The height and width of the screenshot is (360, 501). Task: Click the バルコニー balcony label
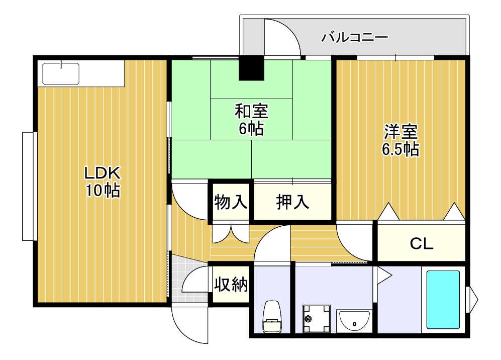pyautogui.click(x=354, y=37)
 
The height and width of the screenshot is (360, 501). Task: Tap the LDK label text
pyautogui.click(x=102, y=173)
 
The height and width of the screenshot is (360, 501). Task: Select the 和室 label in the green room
pyautogui.click(x=251, y=111)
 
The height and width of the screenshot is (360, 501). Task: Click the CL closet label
pyautogui.click(x=422, y=244)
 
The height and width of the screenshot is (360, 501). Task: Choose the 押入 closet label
pyautogui.click(x=292, y=202)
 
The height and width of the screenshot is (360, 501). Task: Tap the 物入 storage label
pyautogui.click(x=230, y=202)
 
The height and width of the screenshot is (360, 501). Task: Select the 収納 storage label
pyautogui.click(x=231, y=284)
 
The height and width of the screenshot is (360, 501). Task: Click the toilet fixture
pyautogui.click(x=272, y=317)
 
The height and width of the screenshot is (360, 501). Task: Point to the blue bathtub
pyautogui.click(x=443, y=300)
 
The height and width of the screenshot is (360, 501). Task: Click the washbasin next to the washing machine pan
pyautogui.click(x=354, y=321)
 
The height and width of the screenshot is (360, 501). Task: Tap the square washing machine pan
pyautogui.click(x=316, y=318)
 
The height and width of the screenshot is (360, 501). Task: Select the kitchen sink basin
pyautogui.click(x=61, y=73)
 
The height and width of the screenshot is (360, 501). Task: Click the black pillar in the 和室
pyautogui.click(x=251, y=68)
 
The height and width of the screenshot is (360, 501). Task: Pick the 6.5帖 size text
pyautogui.click(x=400, y=149)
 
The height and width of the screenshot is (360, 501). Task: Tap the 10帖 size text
pyautogui.click(x=102, y=191)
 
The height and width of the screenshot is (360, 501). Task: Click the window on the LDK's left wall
pyautogui.click(x=29, y=187)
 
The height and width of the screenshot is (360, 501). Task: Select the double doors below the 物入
pyautogui.click(x=231, y=233)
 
